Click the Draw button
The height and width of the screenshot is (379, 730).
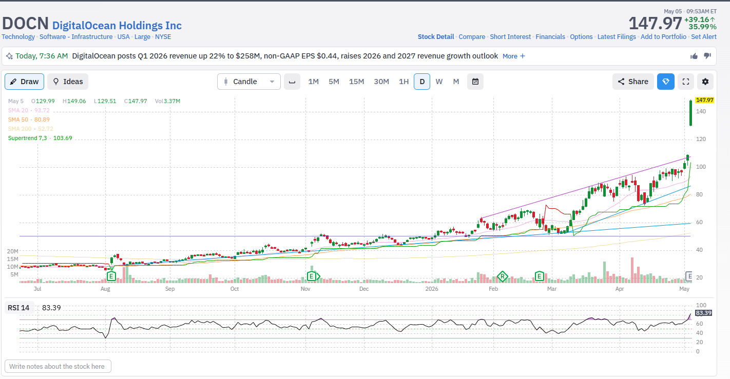25,82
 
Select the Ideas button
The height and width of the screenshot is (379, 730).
68,82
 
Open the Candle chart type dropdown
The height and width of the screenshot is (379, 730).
248,82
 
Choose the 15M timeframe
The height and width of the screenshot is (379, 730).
356,82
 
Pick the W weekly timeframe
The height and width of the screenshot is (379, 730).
439,82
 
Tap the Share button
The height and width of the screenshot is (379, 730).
633,82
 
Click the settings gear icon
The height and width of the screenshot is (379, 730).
705,82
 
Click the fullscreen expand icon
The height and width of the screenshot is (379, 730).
686,82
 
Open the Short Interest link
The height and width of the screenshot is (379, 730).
510,37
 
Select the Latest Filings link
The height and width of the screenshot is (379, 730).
617,37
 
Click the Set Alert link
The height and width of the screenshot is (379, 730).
704,37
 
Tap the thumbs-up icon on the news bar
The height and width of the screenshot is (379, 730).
694,56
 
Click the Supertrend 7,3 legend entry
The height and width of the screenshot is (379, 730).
40,138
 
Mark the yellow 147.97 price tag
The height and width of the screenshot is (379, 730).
704,100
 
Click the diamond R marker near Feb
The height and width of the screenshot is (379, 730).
502,277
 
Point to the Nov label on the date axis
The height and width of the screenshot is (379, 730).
305,289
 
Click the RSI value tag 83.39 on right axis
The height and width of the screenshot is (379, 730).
703,313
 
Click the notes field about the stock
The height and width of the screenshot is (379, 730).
57,366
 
